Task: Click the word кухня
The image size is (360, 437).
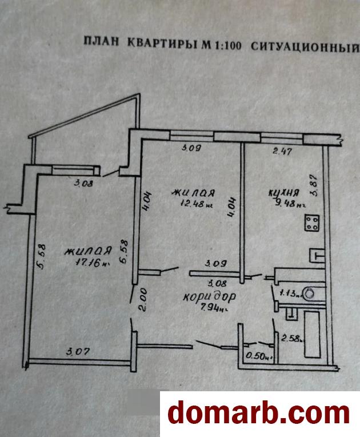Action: click(281, 193)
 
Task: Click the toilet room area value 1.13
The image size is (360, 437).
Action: click(289, 295)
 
